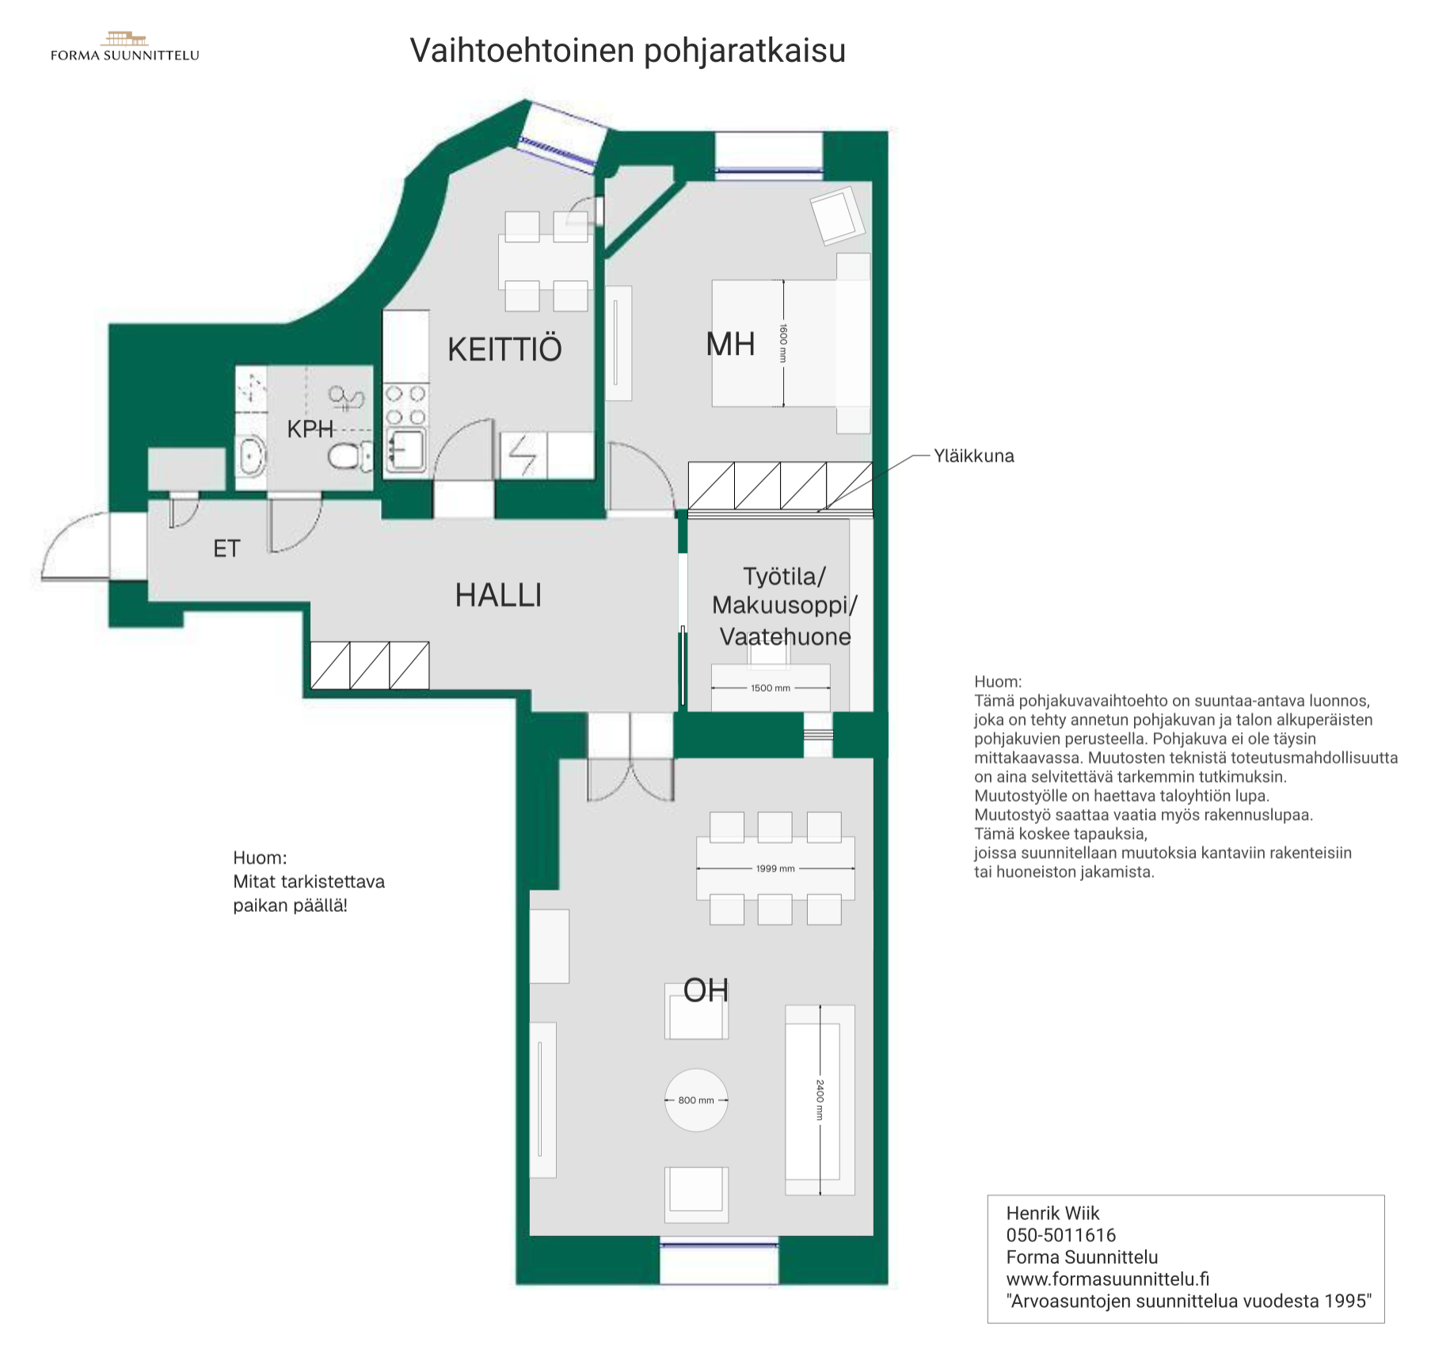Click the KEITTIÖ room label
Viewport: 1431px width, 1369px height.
(x=504, y=349)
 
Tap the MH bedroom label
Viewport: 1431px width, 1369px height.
(x=730, y=345)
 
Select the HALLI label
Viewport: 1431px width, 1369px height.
(x=498, y=596)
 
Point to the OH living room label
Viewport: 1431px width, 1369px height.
(x=706, y=990)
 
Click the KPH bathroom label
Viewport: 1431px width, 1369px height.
(x=310, y=429)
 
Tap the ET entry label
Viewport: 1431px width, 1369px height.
(x=226, y=549)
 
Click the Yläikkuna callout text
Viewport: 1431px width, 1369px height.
(x=974, y=456)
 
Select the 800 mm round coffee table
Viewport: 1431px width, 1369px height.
(x=696, y=1100)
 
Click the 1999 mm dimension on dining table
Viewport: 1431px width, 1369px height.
(x=775, y=869)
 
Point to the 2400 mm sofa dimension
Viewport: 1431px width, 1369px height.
(x=820, y=1100)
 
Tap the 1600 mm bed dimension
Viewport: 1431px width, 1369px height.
(x=783, y=343)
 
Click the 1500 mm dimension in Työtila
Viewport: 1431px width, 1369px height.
(x=771, y=688)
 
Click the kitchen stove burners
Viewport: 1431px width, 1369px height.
(x=405, y=405)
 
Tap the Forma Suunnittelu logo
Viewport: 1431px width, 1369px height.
(x=125, y=47)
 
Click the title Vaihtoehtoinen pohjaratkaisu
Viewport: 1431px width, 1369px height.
(x=628, y=51)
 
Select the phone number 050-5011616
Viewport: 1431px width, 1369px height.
(x=1060, y=1235)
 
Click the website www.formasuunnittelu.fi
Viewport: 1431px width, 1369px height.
(x=1108, y=1279)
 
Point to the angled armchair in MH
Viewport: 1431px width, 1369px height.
(x=837, y=215)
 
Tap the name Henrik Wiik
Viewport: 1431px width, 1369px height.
(x=1052, y=1213)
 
